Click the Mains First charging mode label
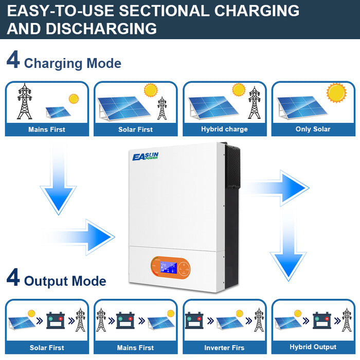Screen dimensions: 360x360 47,130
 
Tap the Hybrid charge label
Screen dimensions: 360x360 224,129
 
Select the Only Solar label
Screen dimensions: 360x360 313,129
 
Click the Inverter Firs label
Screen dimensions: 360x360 224,348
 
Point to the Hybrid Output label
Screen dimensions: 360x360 313,347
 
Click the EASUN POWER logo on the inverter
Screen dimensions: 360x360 146,155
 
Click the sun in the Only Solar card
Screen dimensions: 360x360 337,93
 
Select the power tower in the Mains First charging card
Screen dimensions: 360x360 24,101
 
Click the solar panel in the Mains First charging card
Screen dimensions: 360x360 58,112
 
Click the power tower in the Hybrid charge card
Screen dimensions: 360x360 254,102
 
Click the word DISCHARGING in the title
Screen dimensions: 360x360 101,28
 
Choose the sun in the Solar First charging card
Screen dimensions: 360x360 151,91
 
